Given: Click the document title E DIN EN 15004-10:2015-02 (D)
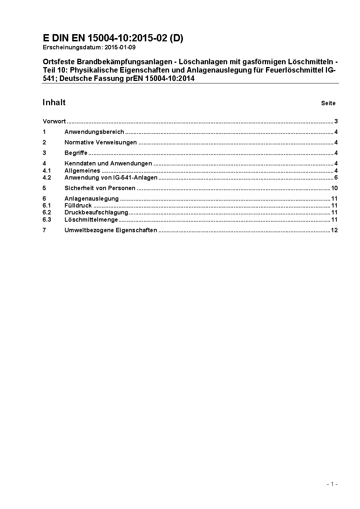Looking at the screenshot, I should [x=113, y=38].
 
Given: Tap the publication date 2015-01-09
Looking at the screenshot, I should [x=122, y=48].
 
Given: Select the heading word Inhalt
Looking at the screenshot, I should [x=54, y=103].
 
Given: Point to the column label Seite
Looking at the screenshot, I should [x=328, y=103].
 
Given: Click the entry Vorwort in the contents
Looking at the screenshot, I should [x=54, y=122].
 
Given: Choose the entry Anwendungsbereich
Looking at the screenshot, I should [x=94, y=132].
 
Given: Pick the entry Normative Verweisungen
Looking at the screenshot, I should [x=101, y=143].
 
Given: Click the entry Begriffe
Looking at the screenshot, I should [x=76, y=153].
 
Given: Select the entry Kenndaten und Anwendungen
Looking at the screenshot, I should [x=108, y=164].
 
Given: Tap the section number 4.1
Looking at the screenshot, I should [x=47, y=171].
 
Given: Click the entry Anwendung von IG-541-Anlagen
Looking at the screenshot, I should [x=111, y=178].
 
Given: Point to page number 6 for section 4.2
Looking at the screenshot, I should [x=336, y=178].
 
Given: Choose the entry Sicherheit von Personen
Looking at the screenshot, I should [x=100, y=188].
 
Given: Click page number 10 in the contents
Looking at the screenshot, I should [x=334, y=188].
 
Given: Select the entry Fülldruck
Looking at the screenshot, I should [x=78, y=206].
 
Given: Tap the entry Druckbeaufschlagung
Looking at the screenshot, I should [x=96, y=213].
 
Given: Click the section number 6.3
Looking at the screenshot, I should [x=47, y=220].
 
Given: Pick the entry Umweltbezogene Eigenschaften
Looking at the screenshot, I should [x=111, y=230].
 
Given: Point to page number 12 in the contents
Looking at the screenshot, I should [x=334, y=230].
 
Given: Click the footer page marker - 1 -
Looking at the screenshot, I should [x=332, y=484].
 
